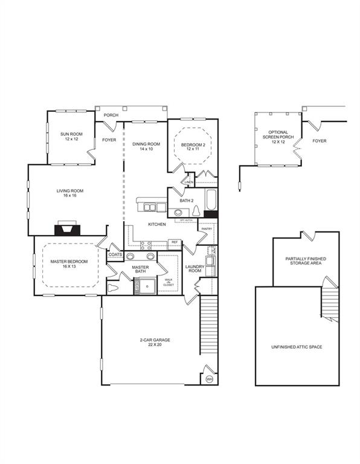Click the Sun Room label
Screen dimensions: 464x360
71,136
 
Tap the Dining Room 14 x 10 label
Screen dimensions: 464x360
146,146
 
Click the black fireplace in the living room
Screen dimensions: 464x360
65,229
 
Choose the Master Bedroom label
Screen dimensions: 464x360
65,264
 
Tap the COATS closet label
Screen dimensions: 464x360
115,255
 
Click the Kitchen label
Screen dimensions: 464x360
157,224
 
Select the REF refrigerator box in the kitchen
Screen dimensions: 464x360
174,242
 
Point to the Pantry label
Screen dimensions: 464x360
206,229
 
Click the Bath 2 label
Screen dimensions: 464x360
187,200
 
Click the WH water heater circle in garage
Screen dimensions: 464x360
209,378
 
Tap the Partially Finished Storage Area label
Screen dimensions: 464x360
306,261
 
